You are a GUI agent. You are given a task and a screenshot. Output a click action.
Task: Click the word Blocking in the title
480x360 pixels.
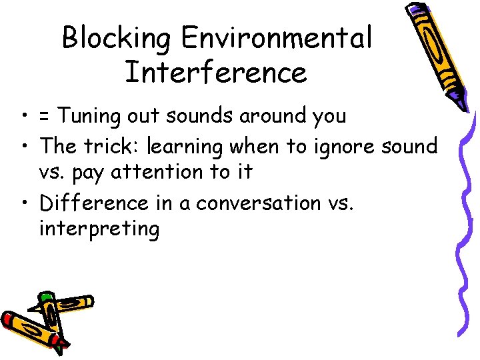click(x=117, y=38)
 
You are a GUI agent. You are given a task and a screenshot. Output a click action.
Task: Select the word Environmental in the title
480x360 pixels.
click(x=276, y=38)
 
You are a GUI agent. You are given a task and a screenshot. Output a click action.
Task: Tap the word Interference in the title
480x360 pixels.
click(x=215, y=72)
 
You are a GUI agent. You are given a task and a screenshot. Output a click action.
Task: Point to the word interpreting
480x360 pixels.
click(x=99, y=230)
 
